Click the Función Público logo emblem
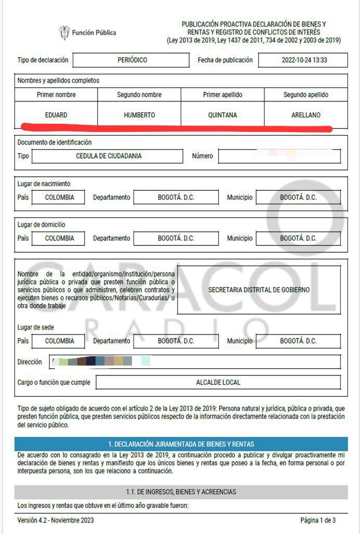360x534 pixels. click(64, 33)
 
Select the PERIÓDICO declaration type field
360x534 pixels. click(131, 60)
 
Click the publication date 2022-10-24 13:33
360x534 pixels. click(303, 60)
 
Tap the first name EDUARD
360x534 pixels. click(56, 115)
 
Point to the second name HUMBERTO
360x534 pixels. click(139, 115)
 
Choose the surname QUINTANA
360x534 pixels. click(222, 115)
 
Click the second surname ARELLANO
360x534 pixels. click(305, 115)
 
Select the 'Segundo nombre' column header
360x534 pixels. click(139, 95)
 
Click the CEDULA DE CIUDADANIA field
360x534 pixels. click(108, 156)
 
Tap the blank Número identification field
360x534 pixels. click(279, 156)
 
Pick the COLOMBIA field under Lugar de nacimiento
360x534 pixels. click(59, 198)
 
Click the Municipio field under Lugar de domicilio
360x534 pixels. click(298, 238)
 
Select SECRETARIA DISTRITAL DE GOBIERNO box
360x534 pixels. click(259, 290)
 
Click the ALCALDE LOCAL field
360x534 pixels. click(218, 382)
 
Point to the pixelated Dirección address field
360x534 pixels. click(195, 361)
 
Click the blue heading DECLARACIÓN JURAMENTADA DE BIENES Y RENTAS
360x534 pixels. click(181, 444)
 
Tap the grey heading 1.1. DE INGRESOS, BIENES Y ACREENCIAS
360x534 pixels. click(181, 491)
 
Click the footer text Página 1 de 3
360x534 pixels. click(317, 520)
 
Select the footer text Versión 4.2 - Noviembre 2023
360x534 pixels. click(56, 520)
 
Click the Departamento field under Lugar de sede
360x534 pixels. click(176, 341)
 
